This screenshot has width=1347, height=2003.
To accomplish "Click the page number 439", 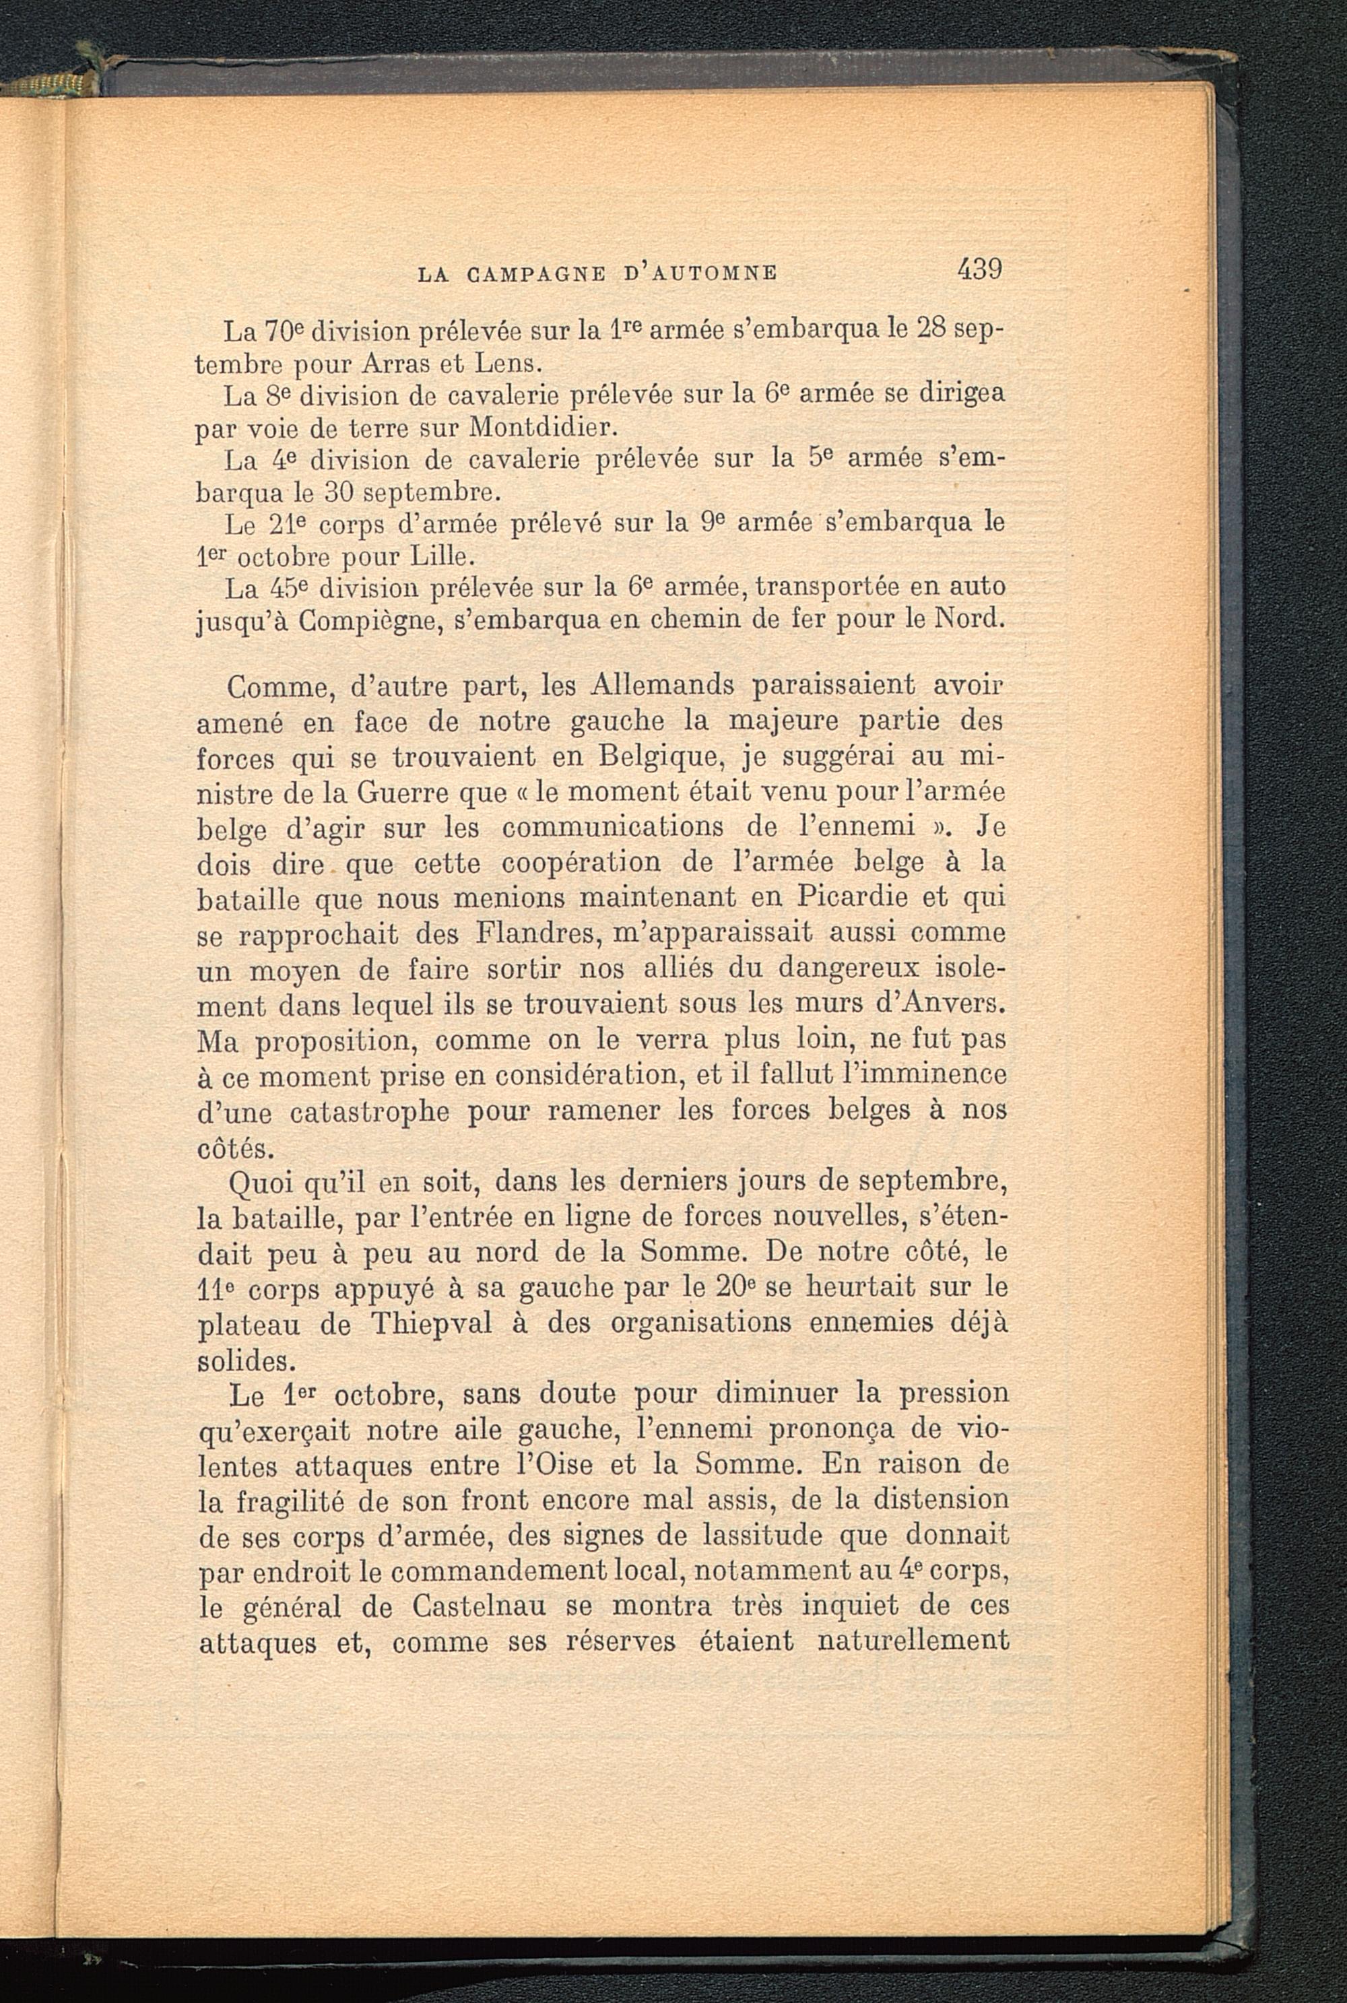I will pyautogui.click(x=979, y=269).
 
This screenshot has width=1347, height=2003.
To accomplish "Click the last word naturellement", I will pyautogui.click(x=913, y=1641).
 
